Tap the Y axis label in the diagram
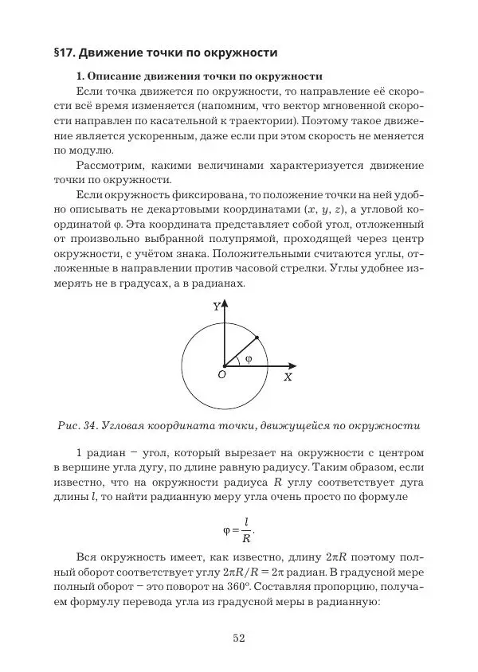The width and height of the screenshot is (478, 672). [x=216, y=306]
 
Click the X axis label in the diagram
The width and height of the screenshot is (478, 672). [x=288, y=377]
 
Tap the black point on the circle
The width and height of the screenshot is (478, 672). [x=257, y=338]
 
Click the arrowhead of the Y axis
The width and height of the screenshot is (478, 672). [x=225, y=304]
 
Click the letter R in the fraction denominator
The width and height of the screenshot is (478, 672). [x=247, y=535]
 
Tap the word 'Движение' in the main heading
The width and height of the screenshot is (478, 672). [x=122, y=53]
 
